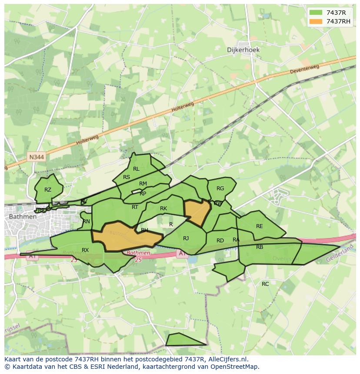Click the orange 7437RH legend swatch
(316, 21)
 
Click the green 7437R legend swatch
(316, 13)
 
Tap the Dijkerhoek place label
(243, 50)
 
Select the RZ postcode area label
(48, 190)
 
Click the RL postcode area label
(136, 169)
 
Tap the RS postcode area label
(127, 177)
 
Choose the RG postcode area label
(220, 189)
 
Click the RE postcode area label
(260, 226)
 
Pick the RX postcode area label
(85, 250)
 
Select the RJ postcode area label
(186, 238)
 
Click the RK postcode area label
(163, 209)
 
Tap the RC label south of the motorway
(265, 284)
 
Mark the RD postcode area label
(220, 241)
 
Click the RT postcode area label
(135, 207)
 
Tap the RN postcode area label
(86, 222)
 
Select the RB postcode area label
(260, 247)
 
